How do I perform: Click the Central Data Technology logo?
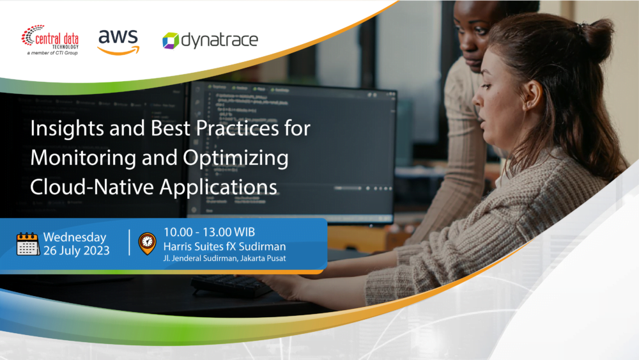coord(50,38)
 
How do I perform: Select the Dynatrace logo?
coord(210,41)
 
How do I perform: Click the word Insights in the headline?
coord(61,129)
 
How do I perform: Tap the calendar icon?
coord(28,244)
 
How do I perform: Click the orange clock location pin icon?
coord(147,243)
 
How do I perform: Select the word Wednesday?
coord(74,237)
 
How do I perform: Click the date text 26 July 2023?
coord(76,251)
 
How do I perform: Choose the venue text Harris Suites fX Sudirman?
coord(224,246)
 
